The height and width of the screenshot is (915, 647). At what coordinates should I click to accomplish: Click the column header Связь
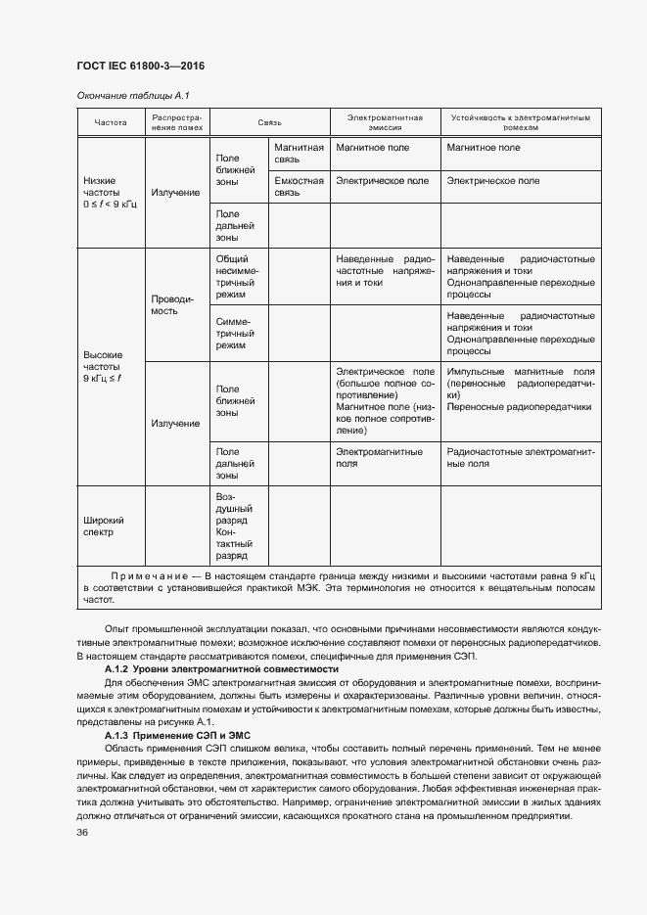[269, 122]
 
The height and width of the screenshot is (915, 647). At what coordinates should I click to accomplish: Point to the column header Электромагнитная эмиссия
[384, 122]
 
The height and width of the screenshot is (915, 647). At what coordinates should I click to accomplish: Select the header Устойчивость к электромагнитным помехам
[520, 122]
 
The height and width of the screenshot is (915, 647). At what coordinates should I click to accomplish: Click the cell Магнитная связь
[299, 154]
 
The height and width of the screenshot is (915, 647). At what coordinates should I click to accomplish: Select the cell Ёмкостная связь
[299, 187]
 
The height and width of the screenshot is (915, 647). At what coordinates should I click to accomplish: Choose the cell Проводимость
[172, 304]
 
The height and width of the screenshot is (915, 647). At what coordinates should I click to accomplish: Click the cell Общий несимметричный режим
[235, 276]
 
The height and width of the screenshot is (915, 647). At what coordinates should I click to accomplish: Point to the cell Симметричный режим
[235, 333]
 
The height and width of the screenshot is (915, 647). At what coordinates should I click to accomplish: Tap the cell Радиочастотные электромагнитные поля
[520, 458]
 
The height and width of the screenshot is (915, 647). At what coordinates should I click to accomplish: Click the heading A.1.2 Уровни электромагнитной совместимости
[221, 668]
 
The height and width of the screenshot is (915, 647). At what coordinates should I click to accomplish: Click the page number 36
[82, 832]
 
